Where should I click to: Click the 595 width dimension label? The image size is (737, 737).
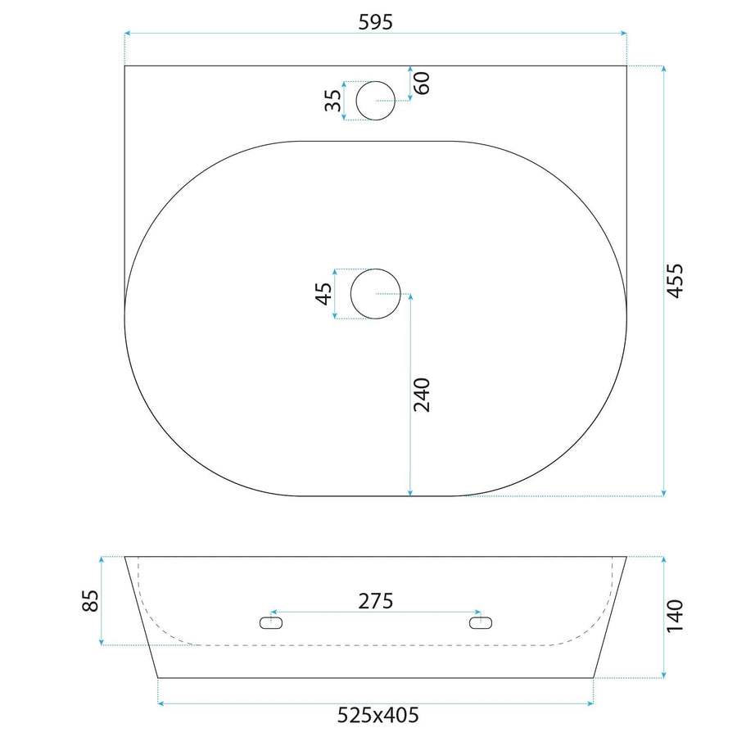375,21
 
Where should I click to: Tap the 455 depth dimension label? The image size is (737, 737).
675,281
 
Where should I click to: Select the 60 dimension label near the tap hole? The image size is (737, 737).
423,84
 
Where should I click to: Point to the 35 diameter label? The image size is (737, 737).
333,100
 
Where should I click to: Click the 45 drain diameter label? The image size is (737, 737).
323,294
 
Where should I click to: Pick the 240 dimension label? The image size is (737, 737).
422,395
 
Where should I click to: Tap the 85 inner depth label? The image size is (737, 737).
90,601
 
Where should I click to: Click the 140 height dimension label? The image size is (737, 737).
675,616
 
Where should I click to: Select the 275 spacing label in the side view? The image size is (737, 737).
376,601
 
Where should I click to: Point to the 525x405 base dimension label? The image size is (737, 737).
378,716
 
